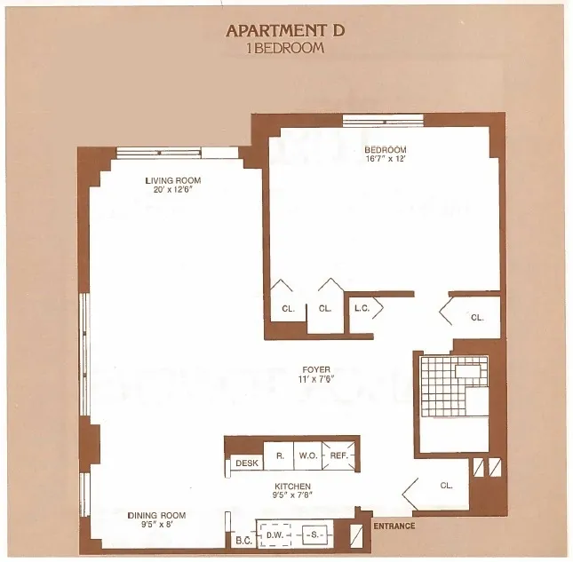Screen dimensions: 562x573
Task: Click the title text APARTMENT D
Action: (284, 30)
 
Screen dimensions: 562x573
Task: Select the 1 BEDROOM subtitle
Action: (284, 48)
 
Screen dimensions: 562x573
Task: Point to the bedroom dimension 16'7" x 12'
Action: (385, 159)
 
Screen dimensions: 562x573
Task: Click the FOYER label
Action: (314, 369)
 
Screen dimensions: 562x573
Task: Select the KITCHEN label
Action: (291, 486)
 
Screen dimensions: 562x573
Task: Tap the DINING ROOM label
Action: (156, 515)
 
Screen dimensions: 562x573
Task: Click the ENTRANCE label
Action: (394, 526)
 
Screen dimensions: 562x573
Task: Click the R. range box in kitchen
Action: (280, 456)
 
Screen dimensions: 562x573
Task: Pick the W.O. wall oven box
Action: (308, 456)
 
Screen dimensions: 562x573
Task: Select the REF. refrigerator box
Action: (339, 456)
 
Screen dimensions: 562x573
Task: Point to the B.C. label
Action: (243, 539)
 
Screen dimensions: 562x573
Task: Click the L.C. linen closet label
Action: (362, 309)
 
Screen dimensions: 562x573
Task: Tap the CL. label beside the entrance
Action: (446, 486)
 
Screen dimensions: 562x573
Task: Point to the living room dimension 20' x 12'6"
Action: (172, 190)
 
